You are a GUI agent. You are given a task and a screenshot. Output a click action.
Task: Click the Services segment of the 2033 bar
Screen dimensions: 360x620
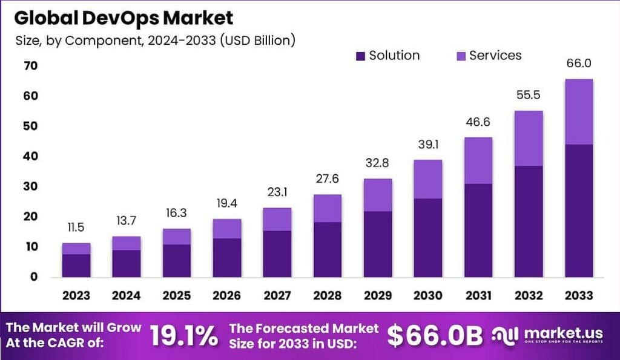(578, 112)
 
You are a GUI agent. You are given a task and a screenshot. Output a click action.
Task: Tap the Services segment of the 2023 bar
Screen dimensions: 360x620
(76, 249)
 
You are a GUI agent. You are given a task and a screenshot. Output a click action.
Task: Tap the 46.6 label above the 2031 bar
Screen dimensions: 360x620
(478, 122)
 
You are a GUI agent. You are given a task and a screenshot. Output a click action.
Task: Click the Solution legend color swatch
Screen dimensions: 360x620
(360, 56)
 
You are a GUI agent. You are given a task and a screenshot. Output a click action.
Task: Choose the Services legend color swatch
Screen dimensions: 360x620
(460, 56)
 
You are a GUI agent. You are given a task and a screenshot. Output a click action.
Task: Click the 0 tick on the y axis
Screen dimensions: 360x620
(34, 277)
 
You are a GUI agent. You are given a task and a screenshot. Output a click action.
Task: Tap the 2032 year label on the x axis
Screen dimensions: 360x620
(528, 296)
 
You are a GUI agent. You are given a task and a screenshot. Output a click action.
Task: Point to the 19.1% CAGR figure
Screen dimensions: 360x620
(184, 336)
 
